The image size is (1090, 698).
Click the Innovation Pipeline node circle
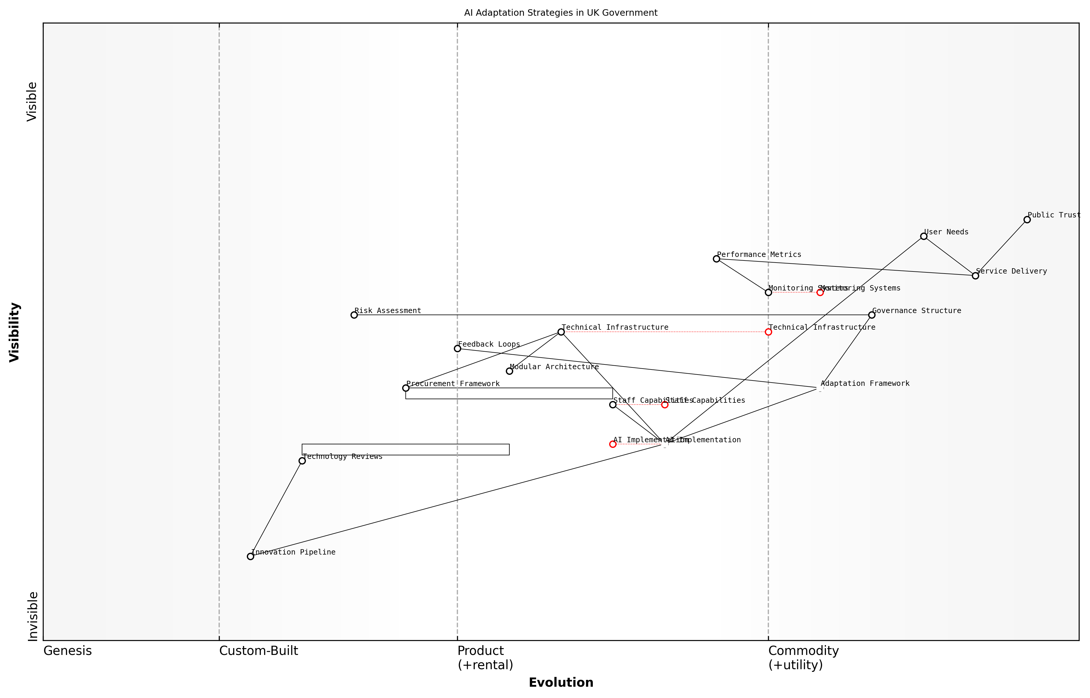(251, 557)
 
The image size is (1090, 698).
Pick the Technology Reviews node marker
(302, 461)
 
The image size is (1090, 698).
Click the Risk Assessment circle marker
(354, 315)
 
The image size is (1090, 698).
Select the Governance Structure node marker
(871, 315)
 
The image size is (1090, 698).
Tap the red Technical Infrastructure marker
(768, 332)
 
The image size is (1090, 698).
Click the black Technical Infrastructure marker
(561, 332)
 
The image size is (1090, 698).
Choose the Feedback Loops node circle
(457, 348)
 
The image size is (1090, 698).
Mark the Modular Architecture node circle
(509, 371)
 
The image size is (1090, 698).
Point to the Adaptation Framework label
(865, 384)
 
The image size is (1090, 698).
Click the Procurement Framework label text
(453, 384)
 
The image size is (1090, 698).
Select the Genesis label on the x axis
(67, 651)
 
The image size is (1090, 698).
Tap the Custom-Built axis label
(258, 651)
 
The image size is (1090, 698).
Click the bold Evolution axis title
(561, 683)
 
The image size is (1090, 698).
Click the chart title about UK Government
(561, 13)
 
